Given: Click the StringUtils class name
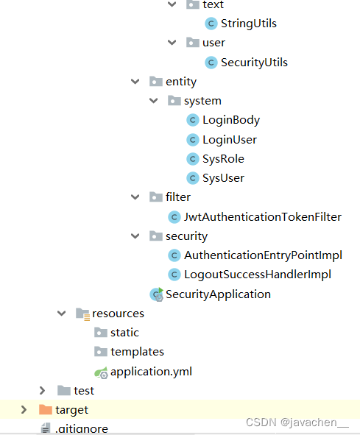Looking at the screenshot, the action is click(x=248, y=24).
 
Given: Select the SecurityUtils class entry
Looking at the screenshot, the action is click(x=254, y=63).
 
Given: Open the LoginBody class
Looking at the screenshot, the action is click(x=231, y=120).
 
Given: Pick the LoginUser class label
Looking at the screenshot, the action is click(x=230, y=140).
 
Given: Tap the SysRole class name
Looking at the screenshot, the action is click(x=223, y=159).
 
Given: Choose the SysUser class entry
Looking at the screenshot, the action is click(x=223, y=178).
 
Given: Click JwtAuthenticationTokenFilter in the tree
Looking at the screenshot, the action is click(x=263, y=217).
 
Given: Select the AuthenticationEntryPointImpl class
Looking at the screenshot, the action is click(x=263, y=255).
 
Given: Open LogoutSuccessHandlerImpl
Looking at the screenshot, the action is click(x=258, y=275).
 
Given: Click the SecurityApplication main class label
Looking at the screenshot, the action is click(x=218, y=294).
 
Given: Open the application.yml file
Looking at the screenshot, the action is click(x=151, y=372).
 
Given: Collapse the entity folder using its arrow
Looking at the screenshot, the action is click(x=135, y=82).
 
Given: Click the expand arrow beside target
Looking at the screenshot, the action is click(x=24, y=410).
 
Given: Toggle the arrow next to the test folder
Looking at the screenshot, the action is click(x=42, y=391).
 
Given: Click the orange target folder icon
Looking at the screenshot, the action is click(x=46, y=409).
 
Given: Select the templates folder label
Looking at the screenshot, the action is click(x=137, y=352).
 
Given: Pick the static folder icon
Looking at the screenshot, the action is click(x=101, y=333).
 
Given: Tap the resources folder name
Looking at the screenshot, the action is click(x=118, y=314).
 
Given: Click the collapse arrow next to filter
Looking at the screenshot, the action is click(x=135, y=197).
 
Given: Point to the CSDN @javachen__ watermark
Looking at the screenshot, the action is click(x=297, y=422).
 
